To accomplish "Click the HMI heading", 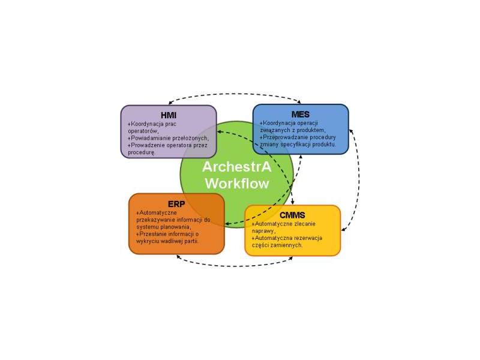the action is [169, 115].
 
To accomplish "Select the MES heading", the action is [301, 114].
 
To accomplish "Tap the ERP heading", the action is [176, 204].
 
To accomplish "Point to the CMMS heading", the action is [292, 215].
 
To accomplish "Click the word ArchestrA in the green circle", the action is [236, 167].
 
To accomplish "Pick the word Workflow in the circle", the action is [237, 184].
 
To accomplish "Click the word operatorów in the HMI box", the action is [143, 131].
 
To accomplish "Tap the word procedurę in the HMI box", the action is [142, 152].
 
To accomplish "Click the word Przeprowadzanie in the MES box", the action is [283, 137].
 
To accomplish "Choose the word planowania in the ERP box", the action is [175, 227].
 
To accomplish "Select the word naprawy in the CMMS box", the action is [263, 231].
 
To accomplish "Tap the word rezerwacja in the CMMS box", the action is [308, 238].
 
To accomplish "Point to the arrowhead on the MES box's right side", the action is [351, 131].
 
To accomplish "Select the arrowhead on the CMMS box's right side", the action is [343, 229].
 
